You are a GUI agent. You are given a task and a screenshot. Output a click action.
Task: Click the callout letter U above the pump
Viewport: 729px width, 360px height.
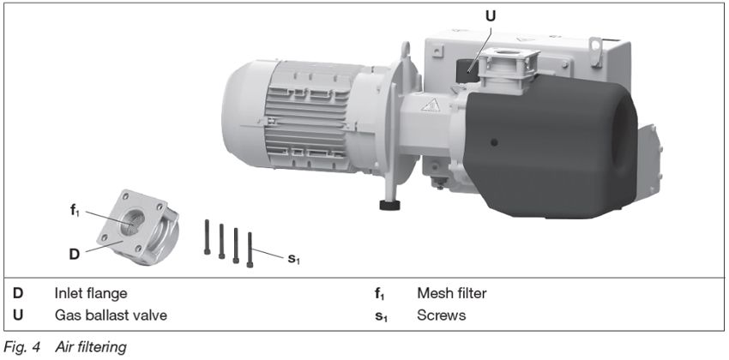click(491, 15)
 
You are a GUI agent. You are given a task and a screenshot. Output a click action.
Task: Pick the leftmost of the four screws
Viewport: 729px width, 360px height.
click(208, 237)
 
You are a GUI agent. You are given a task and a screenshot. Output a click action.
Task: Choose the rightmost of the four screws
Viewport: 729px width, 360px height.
click(250, 249)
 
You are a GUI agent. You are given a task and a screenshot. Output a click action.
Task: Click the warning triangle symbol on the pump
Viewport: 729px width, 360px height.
click(433, 105)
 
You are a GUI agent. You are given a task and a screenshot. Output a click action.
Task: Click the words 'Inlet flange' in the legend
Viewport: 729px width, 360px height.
click(91, 294)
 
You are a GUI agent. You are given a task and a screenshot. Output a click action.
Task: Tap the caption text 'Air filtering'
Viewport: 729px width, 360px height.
click(91, 346)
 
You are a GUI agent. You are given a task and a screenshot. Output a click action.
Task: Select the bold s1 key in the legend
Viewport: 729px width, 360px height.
click(380, 316)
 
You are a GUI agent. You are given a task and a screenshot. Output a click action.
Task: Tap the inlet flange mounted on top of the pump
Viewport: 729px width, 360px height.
click(509, 64)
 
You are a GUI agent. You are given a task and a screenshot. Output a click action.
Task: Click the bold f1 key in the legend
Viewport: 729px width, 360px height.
click(379, 294)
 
